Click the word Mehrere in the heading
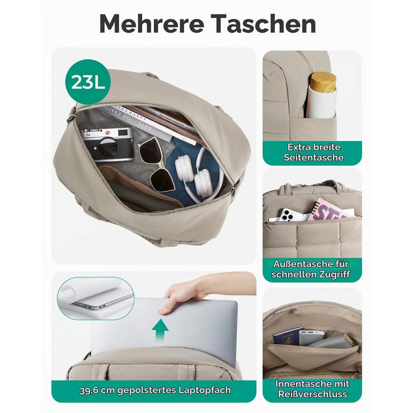click(x=152, y=24)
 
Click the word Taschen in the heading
click(x=264, y=24)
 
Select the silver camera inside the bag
click(x=107, y=144)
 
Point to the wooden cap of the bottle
click(x=323, y=81)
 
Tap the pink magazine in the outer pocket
click(x=332, y=210)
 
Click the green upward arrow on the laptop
click(x=160, y=330)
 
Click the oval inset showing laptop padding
click(x=96, y=299)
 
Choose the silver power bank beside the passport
click(x=312, y=338)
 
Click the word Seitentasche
click(x=313, y=158)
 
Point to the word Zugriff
click(x=334, y=274)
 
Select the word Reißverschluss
click(x=312, y=394)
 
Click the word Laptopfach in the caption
click(x=205, y=390)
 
